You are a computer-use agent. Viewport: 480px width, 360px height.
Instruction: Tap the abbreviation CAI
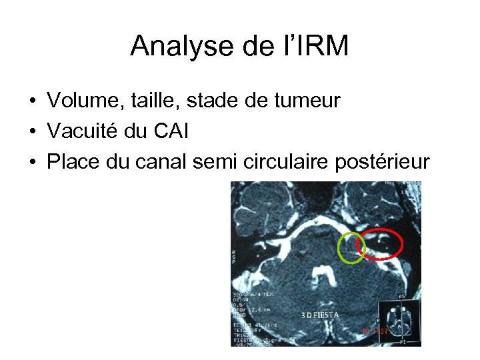point(171,132)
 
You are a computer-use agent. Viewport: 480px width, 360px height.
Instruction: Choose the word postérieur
point(384,163)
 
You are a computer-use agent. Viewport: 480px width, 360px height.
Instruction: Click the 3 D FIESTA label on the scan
point(319,315)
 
